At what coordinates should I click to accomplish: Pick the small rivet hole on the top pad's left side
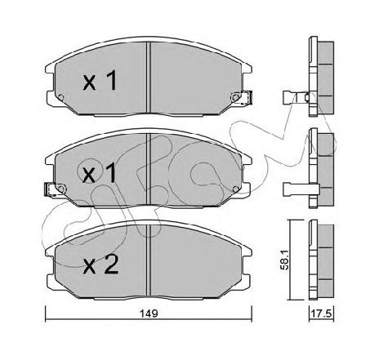(x=61, y=99)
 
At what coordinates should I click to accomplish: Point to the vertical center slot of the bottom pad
(x=146, y=249)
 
